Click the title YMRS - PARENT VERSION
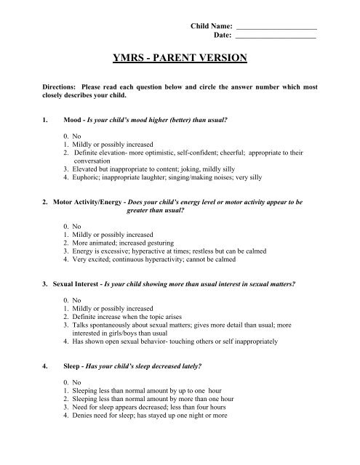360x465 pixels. coord(179,57)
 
